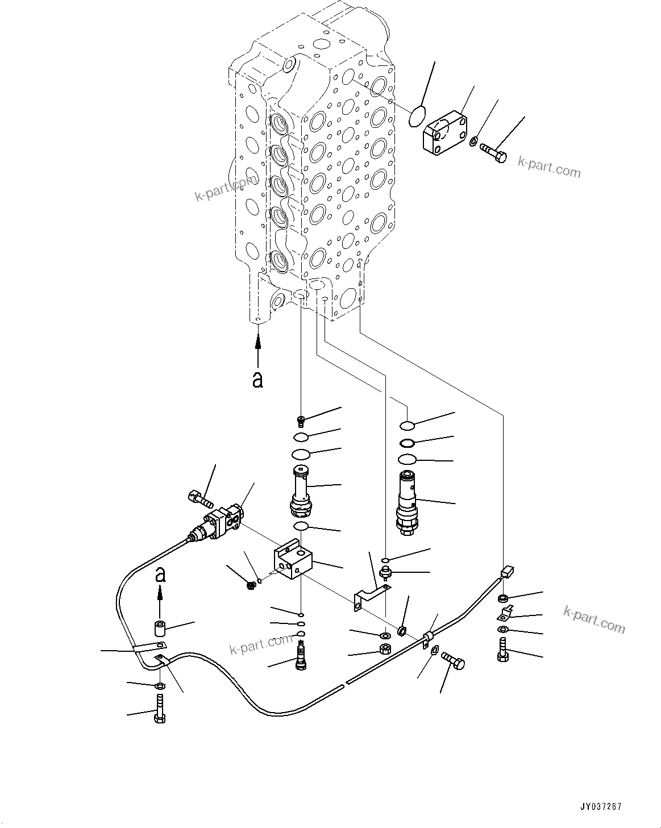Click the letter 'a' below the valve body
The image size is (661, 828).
tap(258, 380)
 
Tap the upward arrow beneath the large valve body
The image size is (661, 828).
tap(258, 349)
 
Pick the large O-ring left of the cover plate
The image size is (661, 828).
tap(418, 116)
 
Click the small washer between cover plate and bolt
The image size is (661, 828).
tap(474, 140)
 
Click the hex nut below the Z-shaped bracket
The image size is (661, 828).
tap(385, 650)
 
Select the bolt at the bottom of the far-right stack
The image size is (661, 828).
tap(503, 649)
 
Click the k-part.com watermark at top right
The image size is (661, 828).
tap(549, 168)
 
